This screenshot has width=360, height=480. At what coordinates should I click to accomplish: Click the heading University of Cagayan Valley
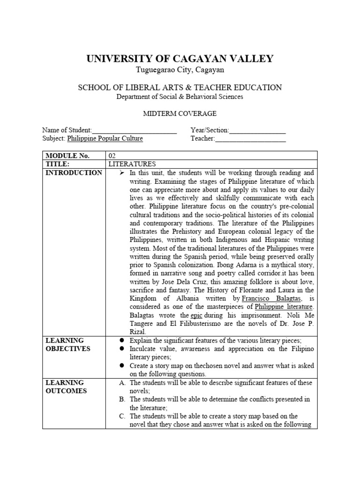[x=180, y=59]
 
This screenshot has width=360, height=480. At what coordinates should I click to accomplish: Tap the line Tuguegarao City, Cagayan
[x=180, y=70]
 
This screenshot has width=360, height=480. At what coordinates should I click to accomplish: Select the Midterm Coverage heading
[x=180, y=114]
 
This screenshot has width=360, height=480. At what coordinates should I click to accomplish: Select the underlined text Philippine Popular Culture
[x=105, y=139]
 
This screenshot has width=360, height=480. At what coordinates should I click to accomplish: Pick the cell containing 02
[x=112, y=156]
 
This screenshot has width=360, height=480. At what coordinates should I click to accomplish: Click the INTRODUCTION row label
[x=73, y=172]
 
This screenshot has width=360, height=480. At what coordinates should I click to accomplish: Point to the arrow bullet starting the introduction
[x=121, y=172]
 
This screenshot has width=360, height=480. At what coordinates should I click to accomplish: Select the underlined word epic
[x=196, y=315]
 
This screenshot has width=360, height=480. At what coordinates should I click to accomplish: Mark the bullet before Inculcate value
[x=121, y=349]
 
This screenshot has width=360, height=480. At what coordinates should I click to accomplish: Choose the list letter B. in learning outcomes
[x=122, y=399]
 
